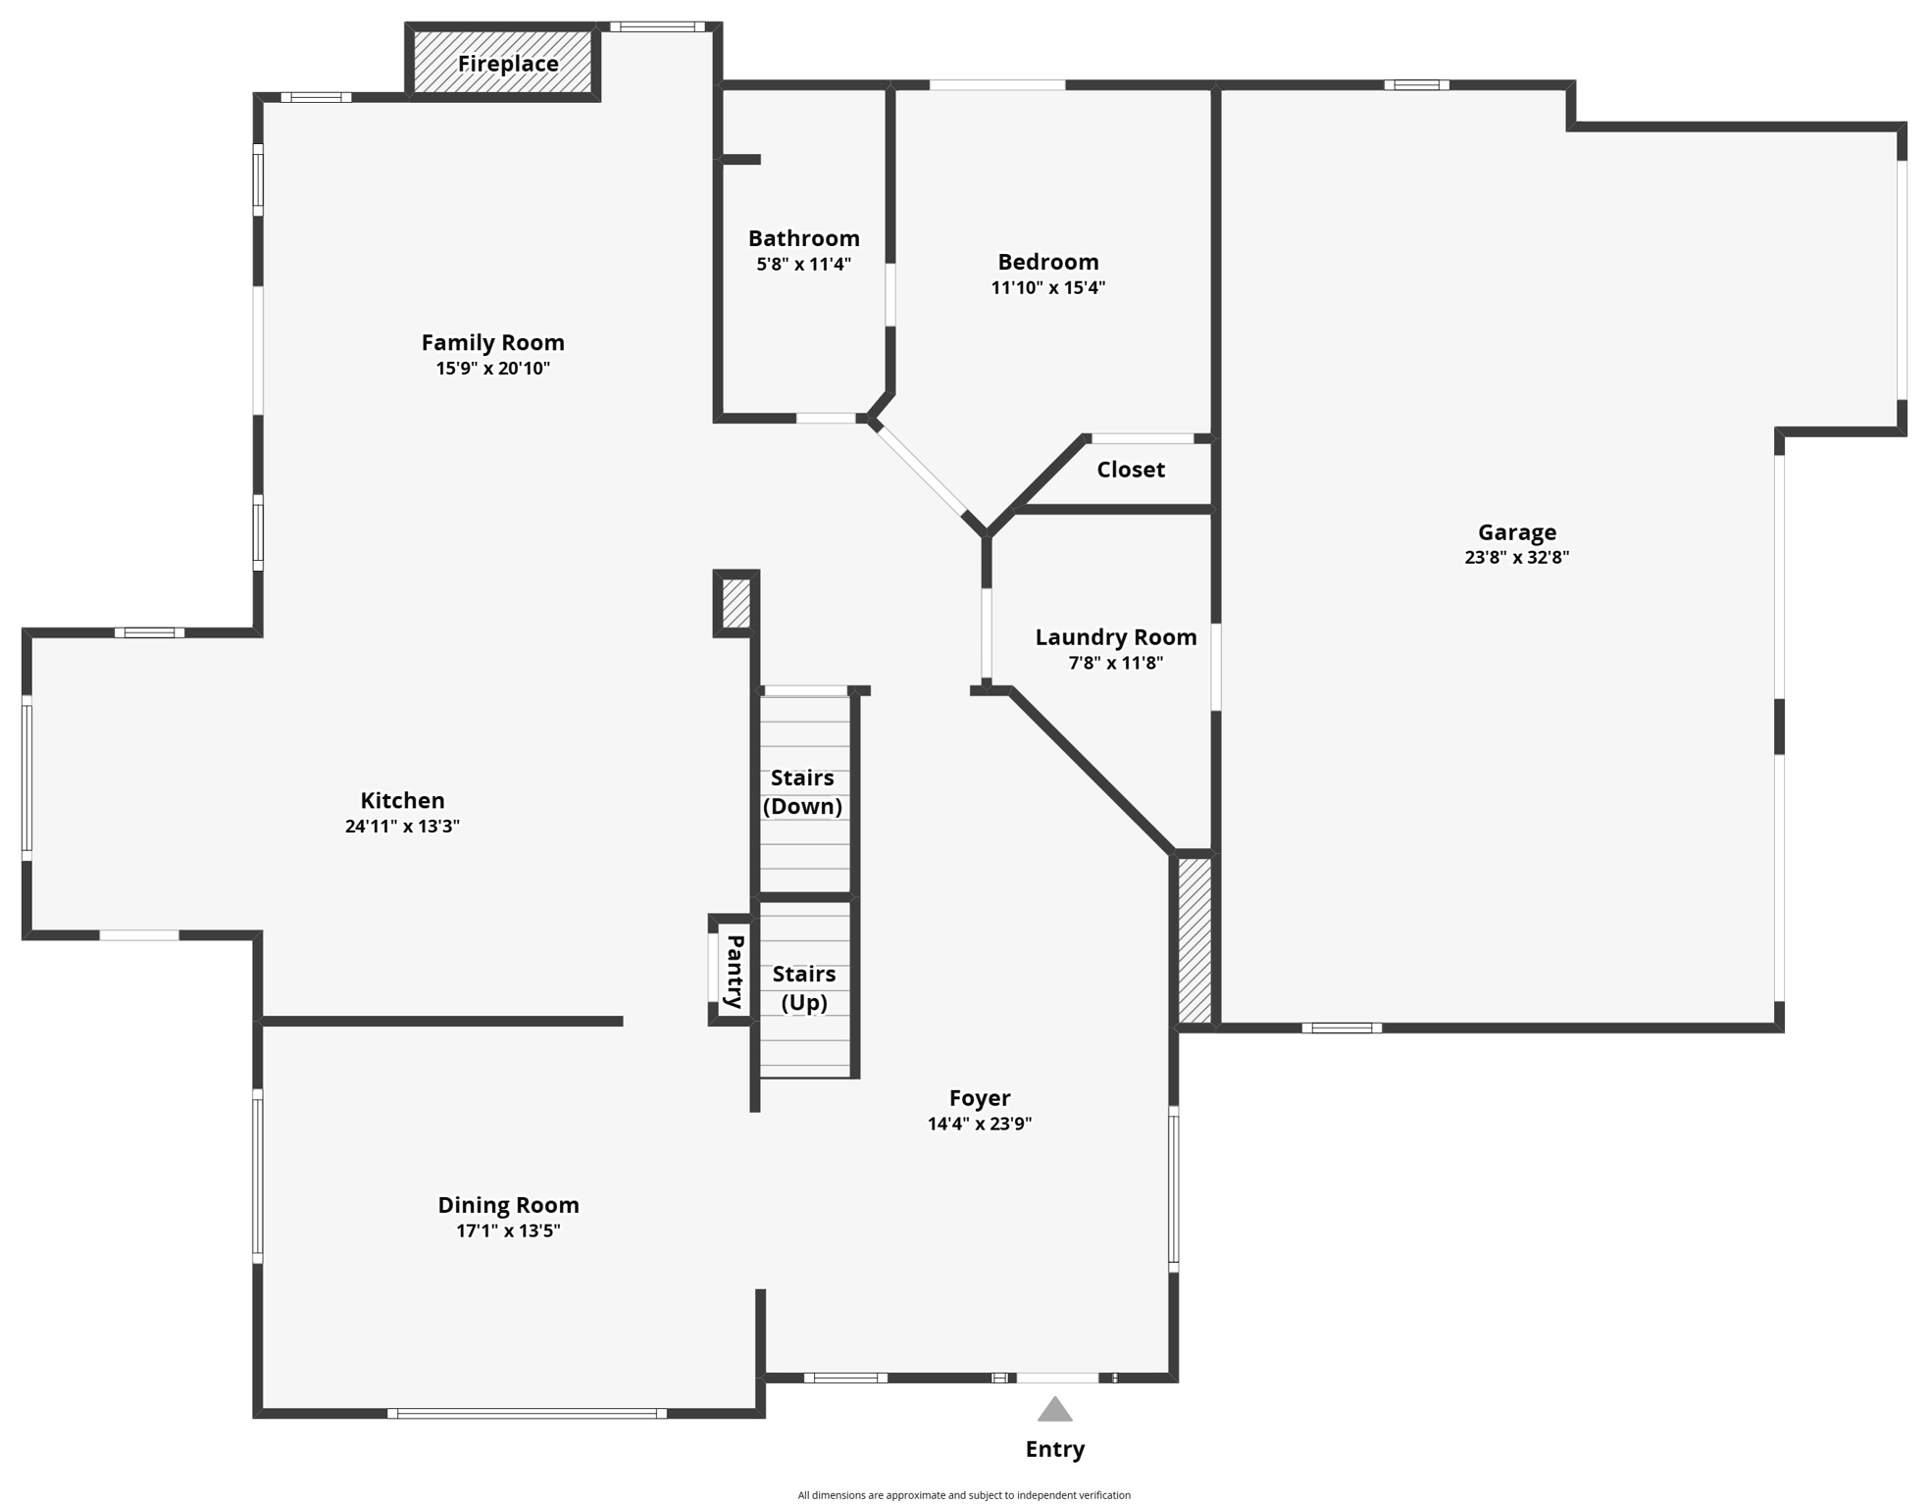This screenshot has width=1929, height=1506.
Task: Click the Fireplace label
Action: (508, 64)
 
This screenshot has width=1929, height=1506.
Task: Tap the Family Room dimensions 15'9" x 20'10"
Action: (492, 369)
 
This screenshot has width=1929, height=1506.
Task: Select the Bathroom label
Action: (803, 238)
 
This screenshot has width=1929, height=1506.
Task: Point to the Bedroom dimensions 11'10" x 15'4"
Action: (1047, 288)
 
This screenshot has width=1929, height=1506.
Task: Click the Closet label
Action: (1130, 470)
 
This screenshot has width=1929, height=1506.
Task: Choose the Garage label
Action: (1516, 532)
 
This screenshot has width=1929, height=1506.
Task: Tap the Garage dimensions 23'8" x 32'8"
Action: (1516, 557)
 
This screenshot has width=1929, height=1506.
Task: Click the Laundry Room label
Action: (1115, 637)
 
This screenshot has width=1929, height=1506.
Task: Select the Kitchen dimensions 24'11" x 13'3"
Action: (402, 827)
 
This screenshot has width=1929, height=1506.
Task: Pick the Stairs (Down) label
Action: (802, 792)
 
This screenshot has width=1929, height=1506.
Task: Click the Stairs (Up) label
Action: (803, 988)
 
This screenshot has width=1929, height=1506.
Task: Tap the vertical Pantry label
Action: (734, 972)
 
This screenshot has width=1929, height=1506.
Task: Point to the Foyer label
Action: (979, 1098)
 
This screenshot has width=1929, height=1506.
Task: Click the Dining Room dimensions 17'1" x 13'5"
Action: (508, 1231)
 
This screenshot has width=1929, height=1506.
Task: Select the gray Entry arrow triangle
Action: (1054, 1410)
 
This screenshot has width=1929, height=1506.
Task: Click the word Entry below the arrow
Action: (1054, 1449)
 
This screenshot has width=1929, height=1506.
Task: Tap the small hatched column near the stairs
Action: (736, 603)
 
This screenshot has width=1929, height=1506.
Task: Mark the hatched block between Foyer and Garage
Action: (1193, 940)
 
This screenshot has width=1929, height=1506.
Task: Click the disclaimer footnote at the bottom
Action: (963, 1495)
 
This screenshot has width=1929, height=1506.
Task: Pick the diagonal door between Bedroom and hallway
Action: (920, 471)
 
